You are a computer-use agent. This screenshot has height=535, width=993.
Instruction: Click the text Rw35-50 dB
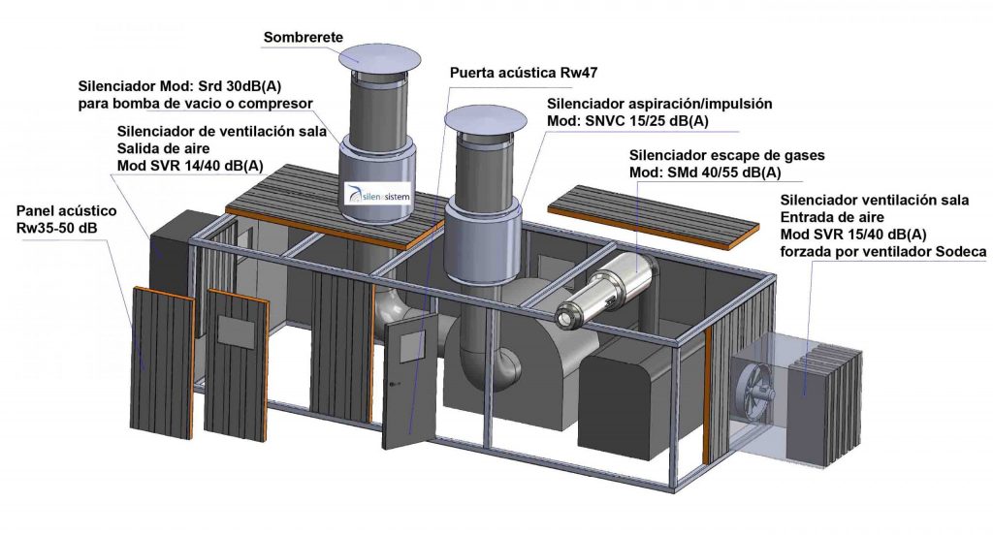(x=61, y=229)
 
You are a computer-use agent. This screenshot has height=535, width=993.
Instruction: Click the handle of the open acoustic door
(x=392, y=385)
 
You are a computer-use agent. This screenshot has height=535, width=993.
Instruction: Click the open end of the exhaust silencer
(x=564, y=316)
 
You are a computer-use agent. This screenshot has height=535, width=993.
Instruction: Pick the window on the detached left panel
(x=235, y=330)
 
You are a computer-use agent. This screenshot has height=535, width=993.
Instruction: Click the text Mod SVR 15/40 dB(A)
(x=852, y=235)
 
